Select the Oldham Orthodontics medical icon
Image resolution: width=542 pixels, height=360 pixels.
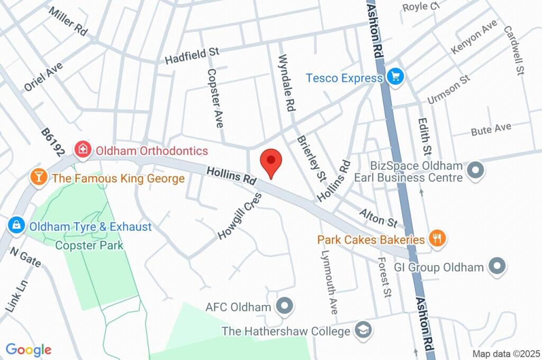(83, 150)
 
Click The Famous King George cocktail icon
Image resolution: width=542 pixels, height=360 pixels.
(39, 177)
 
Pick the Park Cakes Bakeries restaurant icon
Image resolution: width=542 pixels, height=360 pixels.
(437, 239)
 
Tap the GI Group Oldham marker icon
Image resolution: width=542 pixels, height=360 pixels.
(496, 266)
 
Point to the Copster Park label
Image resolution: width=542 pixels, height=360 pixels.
(89, 245)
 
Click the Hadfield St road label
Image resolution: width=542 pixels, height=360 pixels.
(192, 56)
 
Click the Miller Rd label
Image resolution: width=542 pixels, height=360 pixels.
(68, 21)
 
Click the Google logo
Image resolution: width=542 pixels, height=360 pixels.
(28, 349)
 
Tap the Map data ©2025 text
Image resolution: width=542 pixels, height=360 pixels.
(506, 354)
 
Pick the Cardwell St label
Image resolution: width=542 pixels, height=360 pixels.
(513, 51)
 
